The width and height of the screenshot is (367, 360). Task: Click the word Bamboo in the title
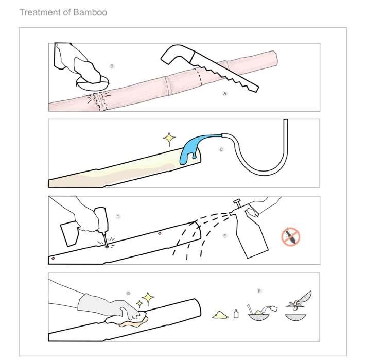[91, 12]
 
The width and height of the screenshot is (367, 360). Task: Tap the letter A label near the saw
[225, 93]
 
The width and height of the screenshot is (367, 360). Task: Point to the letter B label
[112, 66]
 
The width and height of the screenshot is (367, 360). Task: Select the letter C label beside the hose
[221, 149]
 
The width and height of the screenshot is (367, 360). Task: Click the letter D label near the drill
[118, 217]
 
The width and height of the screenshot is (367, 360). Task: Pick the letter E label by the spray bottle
[225, 236]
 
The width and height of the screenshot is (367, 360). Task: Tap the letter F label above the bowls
[259, 290]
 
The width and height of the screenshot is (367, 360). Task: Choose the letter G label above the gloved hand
[128, 293]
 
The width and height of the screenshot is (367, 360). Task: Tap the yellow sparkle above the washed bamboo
[169, 139]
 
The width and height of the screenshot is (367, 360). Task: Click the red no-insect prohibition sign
[290, 236]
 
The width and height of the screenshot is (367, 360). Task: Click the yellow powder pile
[220, 315]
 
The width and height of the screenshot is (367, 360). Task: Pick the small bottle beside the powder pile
[236, 314]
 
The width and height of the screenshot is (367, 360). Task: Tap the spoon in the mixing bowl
[251, 308]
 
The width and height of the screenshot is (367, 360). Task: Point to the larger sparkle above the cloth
[148, 298]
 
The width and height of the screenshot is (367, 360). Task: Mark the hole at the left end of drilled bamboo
[53, 258]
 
